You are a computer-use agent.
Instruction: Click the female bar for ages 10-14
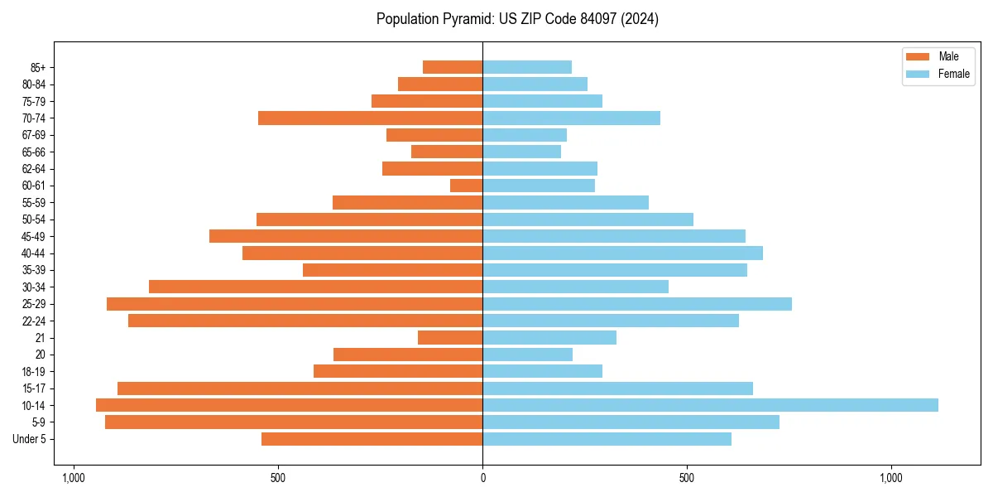[710, 405]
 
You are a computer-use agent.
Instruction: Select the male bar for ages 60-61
[467, 186]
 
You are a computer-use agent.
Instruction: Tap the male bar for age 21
[450, 338]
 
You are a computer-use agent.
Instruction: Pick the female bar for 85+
[527, 67]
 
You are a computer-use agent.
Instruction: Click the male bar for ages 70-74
[370, 118]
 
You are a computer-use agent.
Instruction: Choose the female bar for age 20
[527, 355]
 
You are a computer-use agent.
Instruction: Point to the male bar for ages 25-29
[295, 304]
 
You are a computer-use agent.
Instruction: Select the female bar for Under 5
[607, 439]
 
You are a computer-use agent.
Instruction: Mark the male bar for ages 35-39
[392, 270]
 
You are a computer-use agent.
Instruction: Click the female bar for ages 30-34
[575, 287]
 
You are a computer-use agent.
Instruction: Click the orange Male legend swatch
[918, 56]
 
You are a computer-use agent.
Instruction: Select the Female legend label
[954, 74]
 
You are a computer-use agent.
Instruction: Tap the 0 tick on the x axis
[482, 478]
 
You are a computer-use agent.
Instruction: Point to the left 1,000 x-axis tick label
[74, 478]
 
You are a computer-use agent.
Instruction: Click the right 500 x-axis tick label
[686, 478]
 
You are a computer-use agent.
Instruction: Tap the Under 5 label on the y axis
[29, 439]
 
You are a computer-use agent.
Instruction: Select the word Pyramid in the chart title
[465, 19]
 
